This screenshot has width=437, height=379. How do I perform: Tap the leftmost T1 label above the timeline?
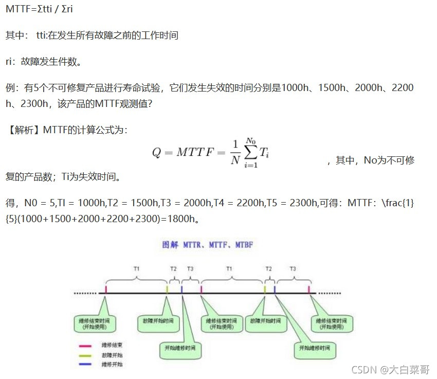point(136,268)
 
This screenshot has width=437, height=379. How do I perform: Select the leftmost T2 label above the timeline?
point(173,268)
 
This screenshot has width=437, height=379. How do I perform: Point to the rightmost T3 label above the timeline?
point(293,268)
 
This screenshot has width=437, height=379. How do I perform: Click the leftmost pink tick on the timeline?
point(106,290)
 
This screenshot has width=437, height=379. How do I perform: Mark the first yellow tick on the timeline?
point(167,290)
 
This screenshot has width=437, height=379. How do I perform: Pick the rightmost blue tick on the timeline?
point(275,290)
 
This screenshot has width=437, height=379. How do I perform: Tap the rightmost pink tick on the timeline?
point(309,290)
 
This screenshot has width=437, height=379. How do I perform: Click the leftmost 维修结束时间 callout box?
point(95,323)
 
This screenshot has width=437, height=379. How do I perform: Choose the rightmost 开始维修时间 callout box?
point(315,348)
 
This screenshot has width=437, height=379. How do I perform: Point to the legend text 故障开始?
point(112,355)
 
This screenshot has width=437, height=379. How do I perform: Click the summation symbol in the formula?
point(250,152)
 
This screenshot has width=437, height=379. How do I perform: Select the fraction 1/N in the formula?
point(235,152)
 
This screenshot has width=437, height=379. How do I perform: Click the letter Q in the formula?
point(157,153)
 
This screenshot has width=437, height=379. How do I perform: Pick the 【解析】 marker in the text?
point(24,130)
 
